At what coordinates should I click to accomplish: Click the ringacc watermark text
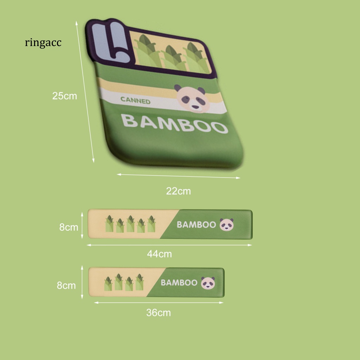click(43, 43)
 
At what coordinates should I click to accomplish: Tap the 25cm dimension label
click(64, 96)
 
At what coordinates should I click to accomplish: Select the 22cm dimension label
click(178, 191)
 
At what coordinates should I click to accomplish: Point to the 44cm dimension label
click(159, 254)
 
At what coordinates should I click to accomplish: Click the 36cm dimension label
click(159, 313)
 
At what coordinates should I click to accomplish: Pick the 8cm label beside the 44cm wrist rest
click(69, 227)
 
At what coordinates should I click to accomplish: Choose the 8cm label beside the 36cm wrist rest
click(66, 285)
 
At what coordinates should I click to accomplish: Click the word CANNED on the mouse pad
click(135, 101)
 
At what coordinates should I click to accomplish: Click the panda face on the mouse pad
click(190, 97)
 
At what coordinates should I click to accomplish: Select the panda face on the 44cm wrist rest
click(226, 225)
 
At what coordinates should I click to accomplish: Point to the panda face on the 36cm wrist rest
click(208, 283)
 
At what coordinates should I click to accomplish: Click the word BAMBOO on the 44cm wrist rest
click(196, 225)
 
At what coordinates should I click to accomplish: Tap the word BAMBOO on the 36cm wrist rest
click(179, 283)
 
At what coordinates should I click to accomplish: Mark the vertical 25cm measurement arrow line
click(85, 91)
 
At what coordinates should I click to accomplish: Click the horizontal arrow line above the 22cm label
click(179, 176)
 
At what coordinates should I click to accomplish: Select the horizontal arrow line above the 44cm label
click(169, 245)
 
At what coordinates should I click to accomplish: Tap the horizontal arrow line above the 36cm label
click(159, 302)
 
